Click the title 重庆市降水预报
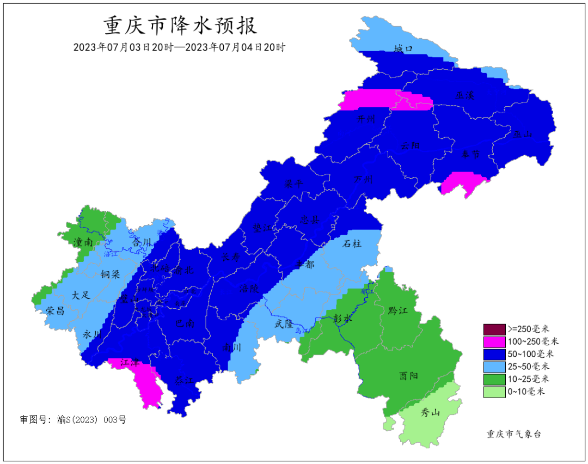point(180,26)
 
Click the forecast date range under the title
point(180,47)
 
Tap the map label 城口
point(403,50)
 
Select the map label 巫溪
point(464,95)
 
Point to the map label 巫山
point(522,134)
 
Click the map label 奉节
point(469,155)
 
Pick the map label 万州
point(363,179)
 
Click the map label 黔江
point(398,310)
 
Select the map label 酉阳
point(408,376)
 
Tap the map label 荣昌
point(55,310)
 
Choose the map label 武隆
point(284,324)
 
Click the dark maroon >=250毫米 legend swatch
point(494,329)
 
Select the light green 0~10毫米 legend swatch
point(494,391)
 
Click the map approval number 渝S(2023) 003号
point(73,419)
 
